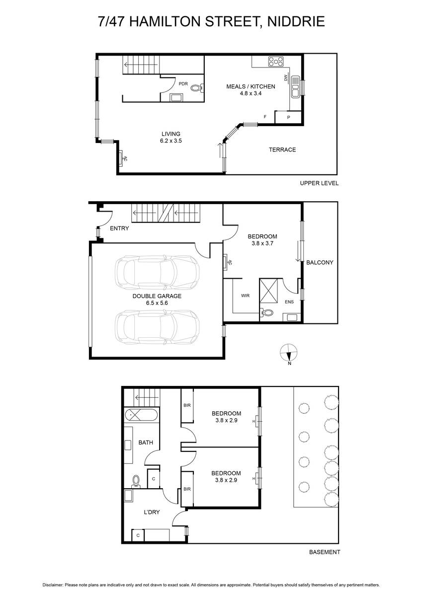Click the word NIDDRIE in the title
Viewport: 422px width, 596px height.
pos(296,21)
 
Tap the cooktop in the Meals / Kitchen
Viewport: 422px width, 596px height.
pos(276,62)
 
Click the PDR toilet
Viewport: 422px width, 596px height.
pos(197,87)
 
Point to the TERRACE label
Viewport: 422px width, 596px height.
pos(282,149)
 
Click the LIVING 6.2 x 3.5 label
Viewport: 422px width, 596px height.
pos(170,137)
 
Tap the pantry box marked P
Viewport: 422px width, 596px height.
pos(288,117)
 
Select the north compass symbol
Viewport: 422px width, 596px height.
pos(289,353)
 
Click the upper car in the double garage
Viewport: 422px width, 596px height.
pos(157,272)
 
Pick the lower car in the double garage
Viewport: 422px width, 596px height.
pos(157,327)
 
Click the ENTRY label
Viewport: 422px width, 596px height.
pos(119,228)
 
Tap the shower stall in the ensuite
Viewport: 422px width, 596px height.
pos(268,291)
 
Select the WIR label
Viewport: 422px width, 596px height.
pos(245,296)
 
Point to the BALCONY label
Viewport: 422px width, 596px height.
pos(320,262)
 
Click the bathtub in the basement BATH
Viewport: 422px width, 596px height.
pos(141,415)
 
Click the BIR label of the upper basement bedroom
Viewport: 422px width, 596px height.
pos(187,405)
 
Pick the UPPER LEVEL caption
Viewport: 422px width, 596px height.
pos(319,183)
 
